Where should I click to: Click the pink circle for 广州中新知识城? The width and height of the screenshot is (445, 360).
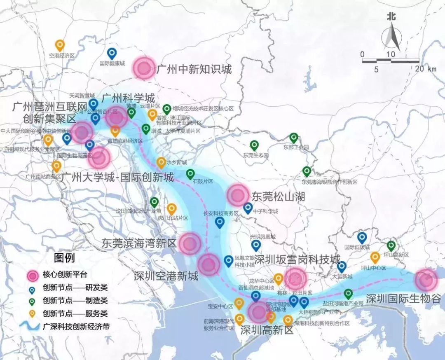[144, 68]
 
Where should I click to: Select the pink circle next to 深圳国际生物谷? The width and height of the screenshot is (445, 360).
[426, 280]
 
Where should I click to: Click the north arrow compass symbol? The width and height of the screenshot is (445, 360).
[391, 35]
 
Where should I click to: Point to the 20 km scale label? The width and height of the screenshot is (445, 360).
[426, 69]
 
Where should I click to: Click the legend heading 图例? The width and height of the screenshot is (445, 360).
[64, 258]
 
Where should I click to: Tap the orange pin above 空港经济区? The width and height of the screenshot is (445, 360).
[60, 45]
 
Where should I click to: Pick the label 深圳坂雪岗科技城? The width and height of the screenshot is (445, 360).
[297, 259]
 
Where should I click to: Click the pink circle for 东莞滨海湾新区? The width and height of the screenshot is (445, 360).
[190, 243]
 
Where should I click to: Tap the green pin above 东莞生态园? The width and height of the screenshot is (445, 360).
[254, 145]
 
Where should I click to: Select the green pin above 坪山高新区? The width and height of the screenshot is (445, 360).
[391, 246]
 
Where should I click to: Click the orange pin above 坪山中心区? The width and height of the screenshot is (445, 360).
[375, 257]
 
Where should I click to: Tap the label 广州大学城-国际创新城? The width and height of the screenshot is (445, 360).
[117, 178]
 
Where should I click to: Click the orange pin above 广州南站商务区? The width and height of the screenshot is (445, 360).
[56, 166]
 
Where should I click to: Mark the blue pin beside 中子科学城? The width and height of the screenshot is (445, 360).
[248, 208]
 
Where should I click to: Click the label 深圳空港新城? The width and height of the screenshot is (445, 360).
[166, 276]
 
